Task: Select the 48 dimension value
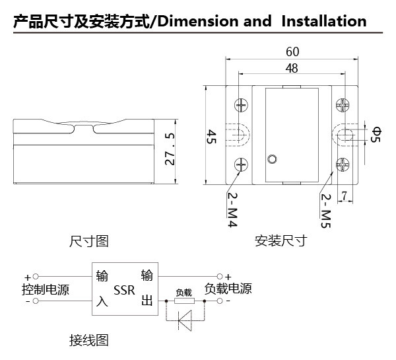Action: point(292,68)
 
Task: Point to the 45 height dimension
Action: point(212,137)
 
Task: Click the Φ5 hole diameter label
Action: point(377,135)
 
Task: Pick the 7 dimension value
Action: point(344,195)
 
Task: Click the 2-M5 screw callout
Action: point(325,208)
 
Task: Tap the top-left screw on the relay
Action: point(241,105)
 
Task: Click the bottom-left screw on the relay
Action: point(241,165)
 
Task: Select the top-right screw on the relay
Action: point(342,105)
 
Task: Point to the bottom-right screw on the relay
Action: point(342,165)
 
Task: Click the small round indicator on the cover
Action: point(272,159)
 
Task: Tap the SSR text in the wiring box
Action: point(124,290)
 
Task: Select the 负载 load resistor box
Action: point(183,300)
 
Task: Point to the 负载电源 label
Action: point(228,289)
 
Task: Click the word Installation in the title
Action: point(323,21)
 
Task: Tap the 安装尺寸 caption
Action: point(281,242)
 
